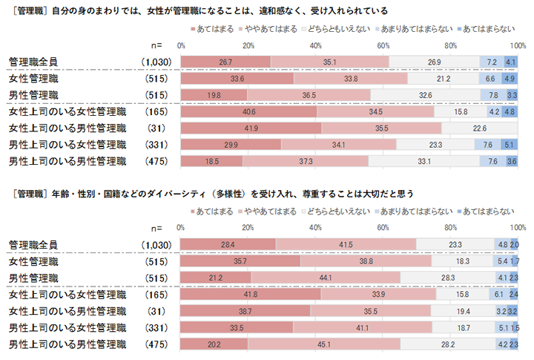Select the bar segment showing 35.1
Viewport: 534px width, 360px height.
coord(329,62)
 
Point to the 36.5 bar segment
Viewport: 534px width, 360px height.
coord(309,95)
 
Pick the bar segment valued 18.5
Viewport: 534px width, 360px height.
coord(211,161)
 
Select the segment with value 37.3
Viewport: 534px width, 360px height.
coord(305,161)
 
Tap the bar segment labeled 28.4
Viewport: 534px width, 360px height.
coord(228,244)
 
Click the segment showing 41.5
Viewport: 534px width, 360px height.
coord(346,244)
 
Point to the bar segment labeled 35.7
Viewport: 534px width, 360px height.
coord(240,262)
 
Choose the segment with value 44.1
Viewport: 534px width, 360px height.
coord(326,278)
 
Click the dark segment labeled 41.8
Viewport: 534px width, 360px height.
coord(251,295)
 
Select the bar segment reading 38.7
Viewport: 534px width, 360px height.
coord(245,311)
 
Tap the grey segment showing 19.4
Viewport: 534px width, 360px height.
coord(464,311)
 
